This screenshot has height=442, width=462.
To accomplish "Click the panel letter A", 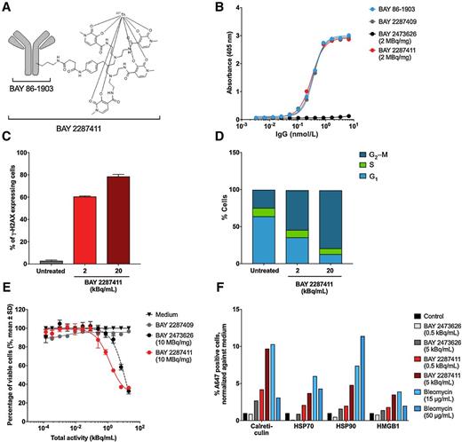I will tap(7, 8).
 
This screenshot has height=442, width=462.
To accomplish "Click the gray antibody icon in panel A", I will tap(36, 52).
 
